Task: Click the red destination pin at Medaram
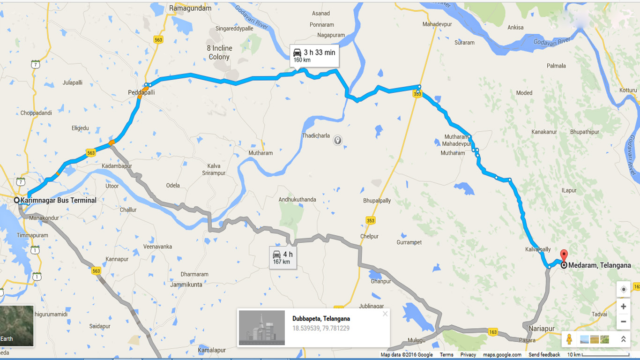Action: [x=564, y=256]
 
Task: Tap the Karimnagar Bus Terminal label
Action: [x=58, y=200]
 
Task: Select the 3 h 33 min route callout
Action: [x=314, y=56]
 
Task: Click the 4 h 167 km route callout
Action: [x=283, y=258]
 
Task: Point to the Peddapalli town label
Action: [x=141, y=93]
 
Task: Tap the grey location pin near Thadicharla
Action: [x=337, y=140]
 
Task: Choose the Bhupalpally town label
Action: [x=377, y=201]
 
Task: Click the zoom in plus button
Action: [x=623, y=307]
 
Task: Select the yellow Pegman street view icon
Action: [x=569, y=339]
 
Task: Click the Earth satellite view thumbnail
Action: [x=17, y=326]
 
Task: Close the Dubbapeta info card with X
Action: [x=385, y=314]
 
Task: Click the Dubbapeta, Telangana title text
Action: [x=321, y=319]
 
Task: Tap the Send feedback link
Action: [x=544, y=355]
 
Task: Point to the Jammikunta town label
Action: [x=186, y=285]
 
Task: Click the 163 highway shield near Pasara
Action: [x=492, y=331]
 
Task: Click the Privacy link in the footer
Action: [x=468, y=355]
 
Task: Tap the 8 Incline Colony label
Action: [x=219, y=52]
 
